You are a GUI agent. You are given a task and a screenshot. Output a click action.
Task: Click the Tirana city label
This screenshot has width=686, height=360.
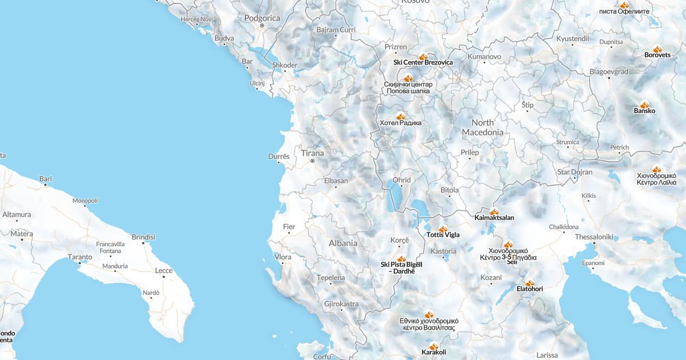pos(312,153)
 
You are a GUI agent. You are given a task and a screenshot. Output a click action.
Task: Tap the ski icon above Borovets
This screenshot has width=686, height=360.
pos(657,49)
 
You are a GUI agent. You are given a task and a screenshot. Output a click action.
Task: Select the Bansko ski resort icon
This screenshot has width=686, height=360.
pos(644,105)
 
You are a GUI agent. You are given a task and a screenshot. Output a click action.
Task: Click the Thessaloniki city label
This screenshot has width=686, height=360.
pos(594,237)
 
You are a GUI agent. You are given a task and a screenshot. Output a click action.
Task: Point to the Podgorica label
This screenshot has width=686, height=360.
pos(262,18)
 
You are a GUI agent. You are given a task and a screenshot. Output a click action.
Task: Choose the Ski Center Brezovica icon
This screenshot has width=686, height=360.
pos(423,57)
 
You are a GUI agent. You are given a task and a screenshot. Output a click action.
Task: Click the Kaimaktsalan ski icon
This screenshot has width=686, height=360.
pos(494,212)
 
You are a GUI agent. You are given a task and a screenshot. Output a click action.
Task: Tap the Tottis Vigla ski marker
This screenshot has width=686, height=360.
pos(442,229)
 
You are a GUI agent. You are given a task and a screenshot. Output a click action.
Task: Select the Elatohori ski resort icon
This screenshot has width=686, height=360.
pos(529,283)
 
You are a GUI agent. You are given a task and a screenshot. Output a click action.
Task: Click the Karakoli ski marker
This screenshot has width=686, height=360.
pos(434,346)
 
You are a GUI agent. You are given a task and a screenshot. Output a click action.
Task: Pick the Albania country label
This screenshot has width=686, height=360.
pos(343,243)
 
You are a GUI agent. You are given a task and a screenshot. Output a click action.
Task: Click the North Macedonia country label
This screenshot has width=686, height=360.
pos(482,127)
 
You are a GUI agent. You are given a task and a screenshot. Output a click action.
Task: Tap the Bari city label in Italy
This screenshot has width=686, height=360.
pos(46,179)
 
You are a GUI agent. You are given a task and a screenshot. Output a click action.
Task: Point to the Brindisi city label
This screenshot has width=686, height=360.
pos(143,237)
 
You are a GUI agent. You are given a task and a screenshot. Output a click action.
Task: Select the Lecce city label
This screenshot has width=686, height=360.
pos(163,271)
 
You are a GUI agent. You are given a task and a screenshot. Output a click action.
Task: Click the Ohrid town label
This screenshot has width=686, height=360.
pos(401,180)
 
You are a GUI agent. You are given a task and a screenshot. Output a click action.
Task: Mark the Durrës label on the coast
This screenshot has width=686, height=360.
pos(279,156)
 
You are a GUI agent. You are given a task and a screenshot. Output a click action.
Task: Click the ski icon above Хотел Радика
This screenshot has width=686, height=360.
pos(400,116)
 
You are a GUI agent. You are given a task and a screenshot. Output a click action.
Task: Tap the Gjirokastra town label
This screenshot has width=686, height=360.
pos(341,304)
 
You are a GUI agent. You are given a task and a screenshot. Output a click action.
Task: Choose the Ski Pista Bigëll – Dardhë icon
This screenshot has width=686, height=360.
pos(401,259)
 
